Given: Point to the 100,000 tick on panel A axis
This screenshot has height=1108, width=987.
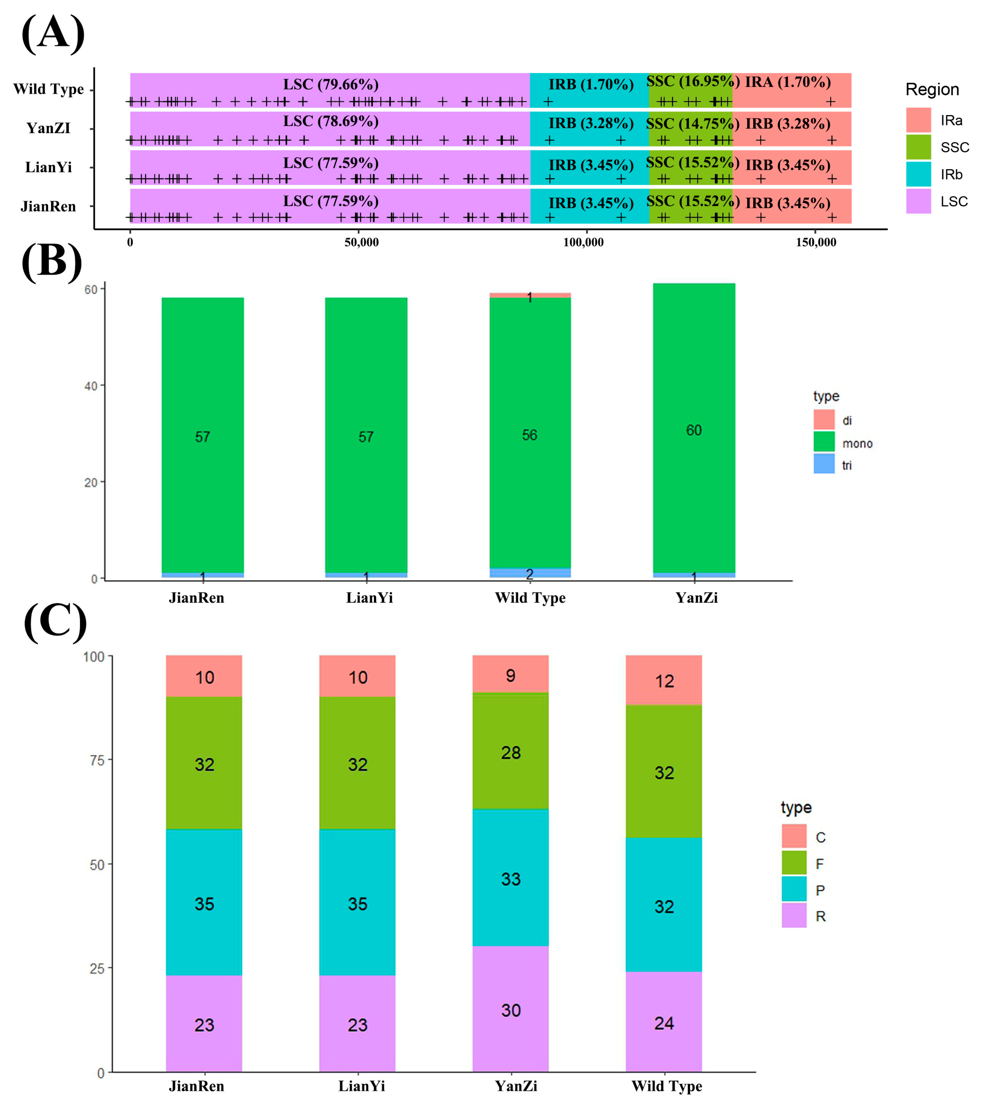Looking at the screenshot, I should point(584,242).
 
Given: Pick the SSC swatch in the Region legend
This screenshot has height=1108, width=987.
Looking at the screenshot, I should point(918,147).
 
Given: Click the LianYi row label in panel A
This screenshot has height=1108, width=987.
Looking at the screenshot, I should point(48,167).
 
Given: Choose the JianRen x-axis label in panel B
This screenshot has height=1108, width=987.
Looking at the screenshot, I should point(196,598).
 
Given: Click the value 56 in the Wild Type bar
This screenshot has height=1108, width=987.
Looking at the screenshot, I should point(530,435).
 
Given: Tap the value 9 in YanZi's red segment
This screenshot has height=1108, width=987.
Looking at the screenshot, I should point(510,676).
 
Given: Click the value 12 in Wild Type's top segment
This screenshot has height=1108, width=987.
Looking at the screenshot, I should point(664,681).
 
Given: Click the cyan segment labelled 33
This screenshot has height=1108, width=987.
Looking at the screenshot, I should point(510,879).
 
